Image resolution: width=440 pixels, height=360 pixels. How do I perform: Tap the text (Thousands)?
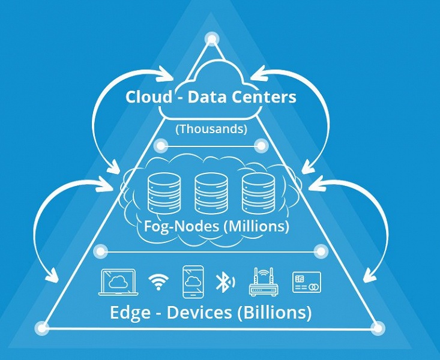coord(211,128)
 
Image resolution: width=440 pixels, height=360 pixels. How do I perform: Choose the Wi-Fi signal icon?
coord(158,282)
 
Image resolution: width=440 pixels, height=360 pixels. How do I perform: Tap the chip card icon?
coord(306,282)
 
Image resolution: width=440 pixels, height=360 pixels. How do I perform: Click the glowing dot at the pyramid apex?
coord(211,39)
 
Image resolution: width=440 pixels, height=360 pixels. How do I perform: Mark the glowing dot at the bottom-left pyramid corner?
coord(41,328)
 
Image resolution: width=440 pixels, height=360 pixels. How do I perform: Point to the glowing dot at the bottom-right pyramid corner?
coord(378,328)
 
